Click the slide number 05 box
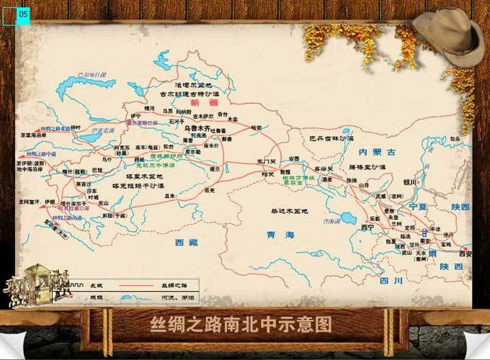(x=22, y=14)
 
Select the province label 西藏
(x=185, y=243)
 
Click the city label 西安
(x=465, y=253)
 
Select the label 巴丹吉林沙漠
(x=331, y=138)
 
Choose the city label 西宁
(x=368, y=228)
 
